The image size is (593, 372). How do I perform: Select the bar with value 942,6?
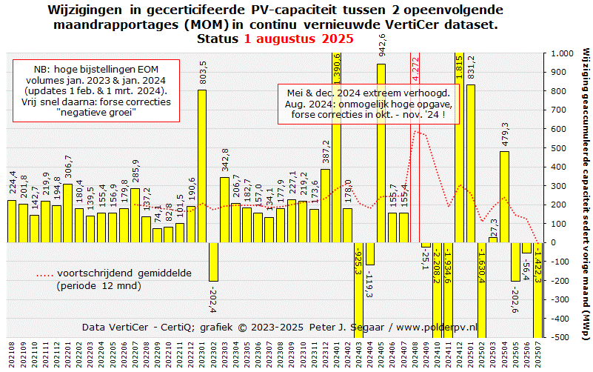[381, 153]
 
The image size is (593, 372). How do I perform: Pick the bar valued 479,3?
[504, 196]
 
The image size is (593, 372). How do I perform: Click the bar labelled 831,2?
[470, 163]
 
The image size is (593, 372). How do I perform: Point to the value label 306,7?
[68, 169]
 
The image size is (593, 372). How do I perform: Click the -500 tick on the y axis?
[559, 336]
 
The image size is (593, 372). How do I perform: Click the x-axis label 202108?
[12, 354]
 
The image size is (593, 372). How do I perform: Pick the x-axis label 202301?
[202, 354]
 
